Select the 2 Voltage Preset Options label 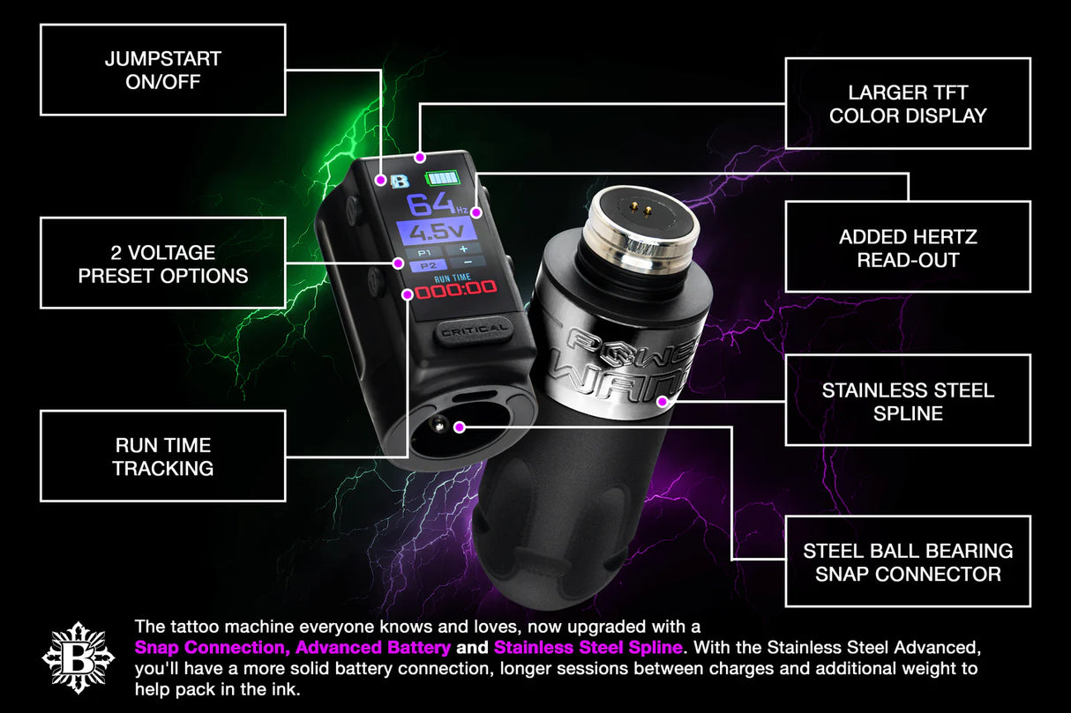(163, 264)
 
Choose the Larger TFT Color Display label (908, 104)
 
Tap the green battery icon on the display (442, 178)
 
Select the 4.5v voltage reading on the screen (437, 232)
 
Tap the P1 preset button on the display (424, 252)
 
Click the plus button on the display (463, 249)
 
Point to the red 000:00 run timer (455, 289)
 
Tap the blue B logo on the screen (401, 182)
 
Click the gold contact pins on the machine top (641, 208)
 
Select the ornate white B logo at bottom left (79, 657)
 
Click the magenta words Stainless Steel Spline (588, 648)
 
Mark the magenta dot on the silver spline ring (663, 402)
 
